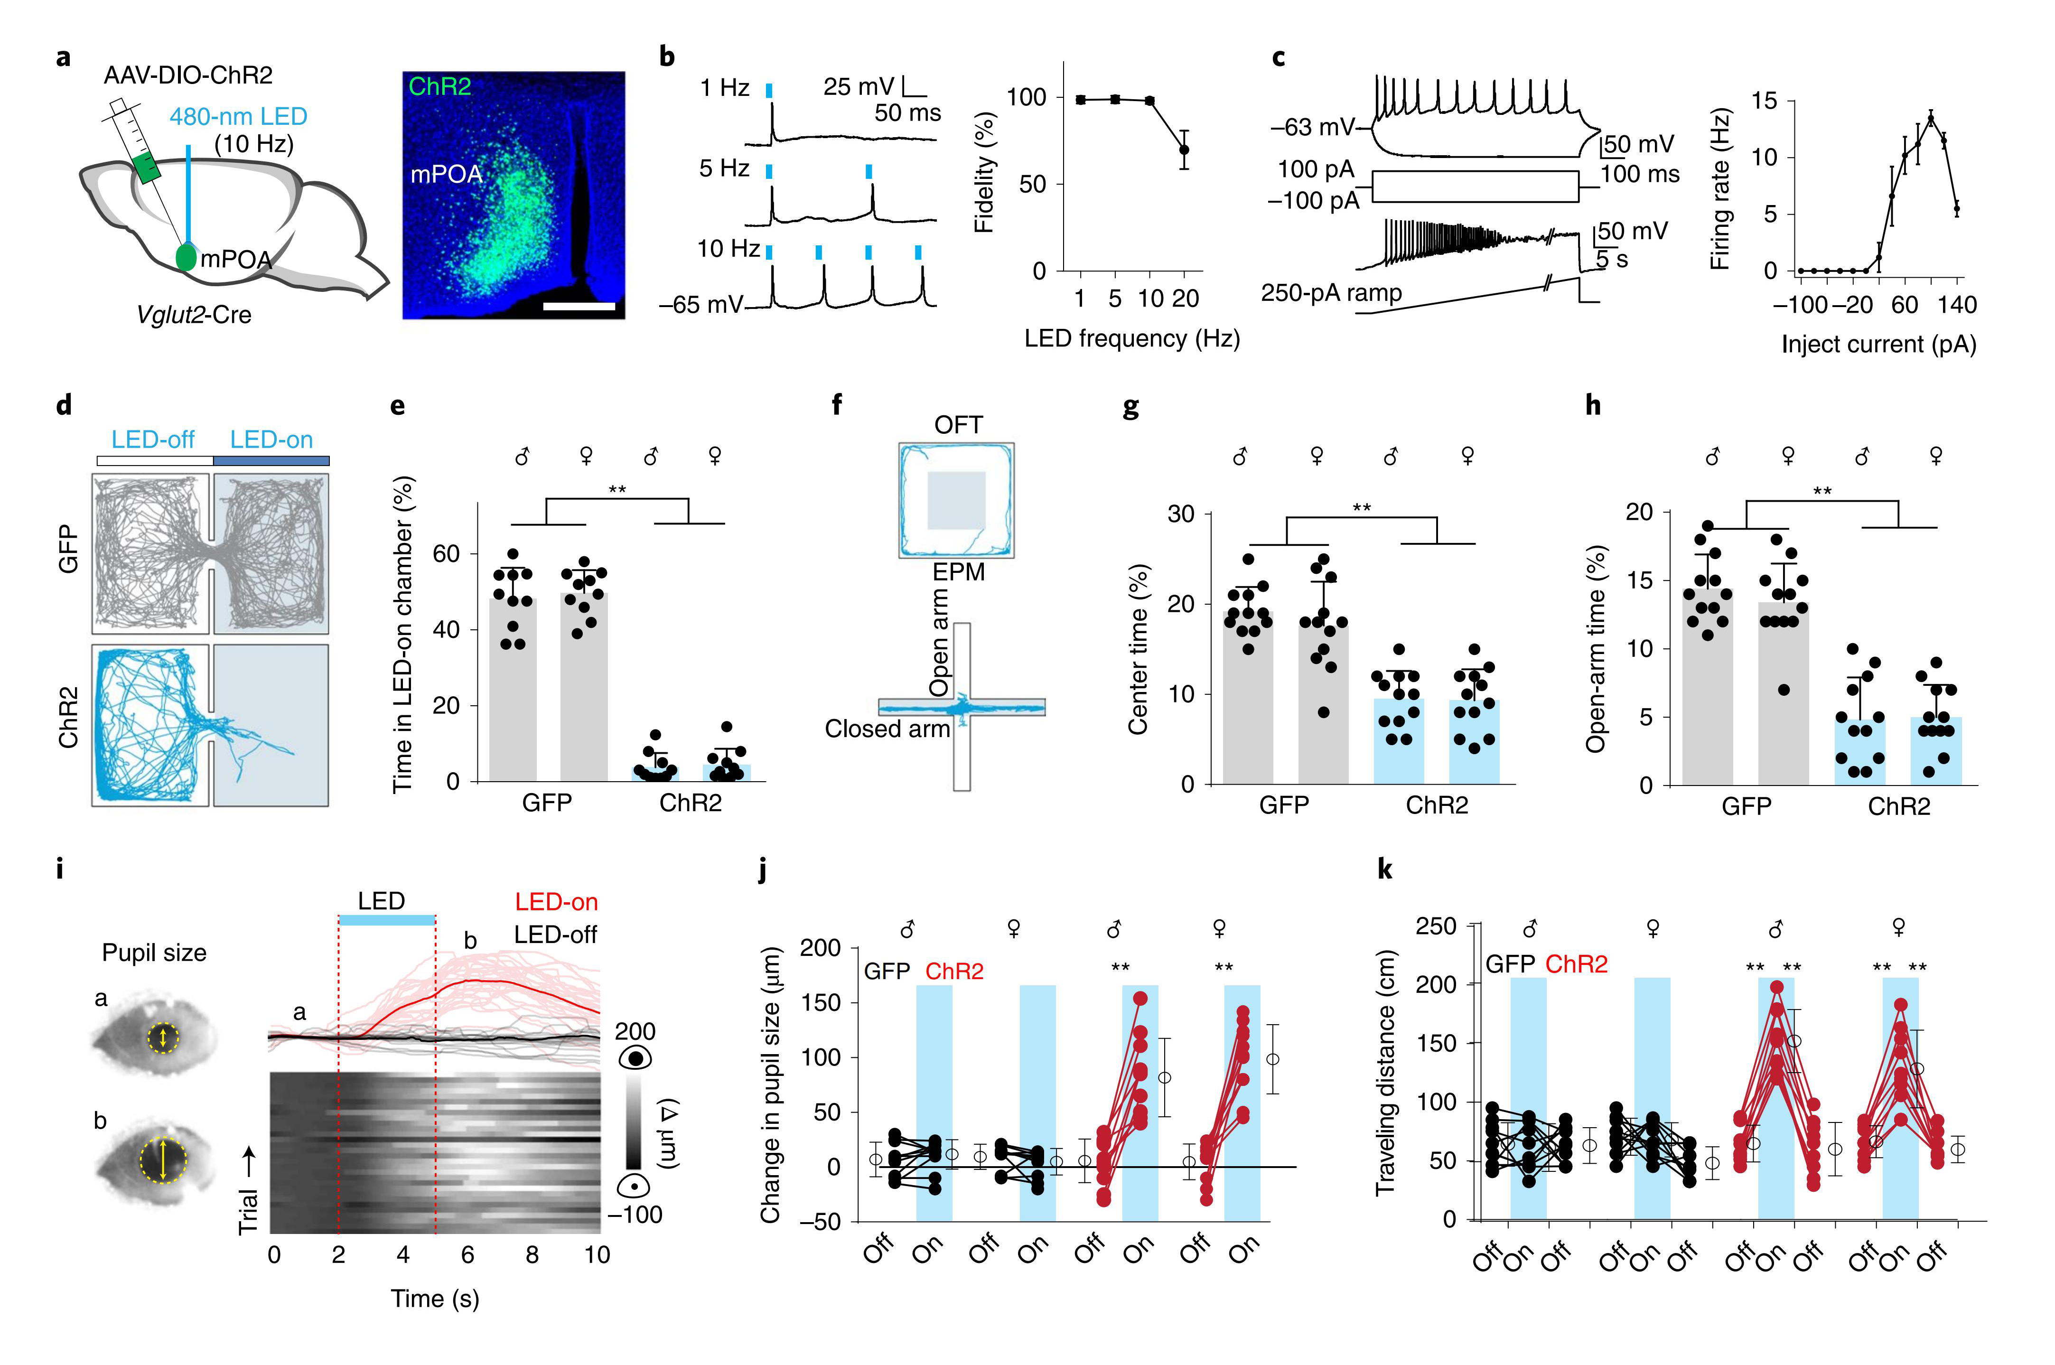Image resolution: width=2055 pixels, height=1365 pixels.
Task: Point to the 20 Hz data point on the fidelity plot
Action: click(x=1184, y=150)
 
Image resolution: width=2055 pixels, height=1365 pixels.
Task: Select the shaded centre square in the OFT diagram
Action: click(x=956, y=501)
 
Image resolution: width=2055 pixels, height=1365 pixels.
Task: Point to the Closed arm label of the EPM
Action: click(x=887, y=729)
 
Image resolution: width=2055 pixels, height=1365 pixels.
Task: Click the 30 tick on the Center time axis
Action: click(x=1180, y=514)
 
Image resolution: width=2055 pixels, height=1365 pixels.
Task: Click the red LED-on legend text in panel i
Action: click(x=556, y=902)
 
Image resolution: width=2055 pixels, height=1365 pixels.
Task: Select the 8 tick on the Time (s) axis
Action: click(x=532, y=1254)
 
